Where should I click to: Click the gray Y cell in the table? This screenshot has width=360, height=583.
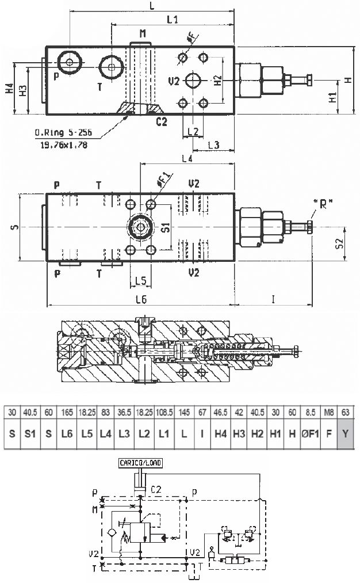pos(346,433)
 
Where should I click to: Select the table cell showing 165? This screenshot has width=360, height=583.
pos(67,412)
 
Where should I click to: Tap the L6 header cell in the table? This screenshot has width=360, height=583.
pos(67,433)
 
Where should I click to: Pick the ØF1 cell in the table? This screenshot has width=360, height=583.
pos(310,433)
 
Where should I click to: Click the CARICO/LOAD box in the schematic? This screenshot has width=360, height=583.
pos(140,463)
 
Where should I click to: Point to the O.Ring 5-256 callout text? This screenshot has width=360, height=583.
pos(63,132)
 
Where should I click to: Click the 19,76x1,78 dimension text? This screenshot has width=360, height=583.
pos(63,145)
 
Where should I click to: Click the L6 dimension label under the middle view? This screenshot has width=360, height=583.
pos(141,299)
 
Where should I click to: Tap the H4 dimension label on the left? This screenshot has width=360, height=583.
pos(9,89)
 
